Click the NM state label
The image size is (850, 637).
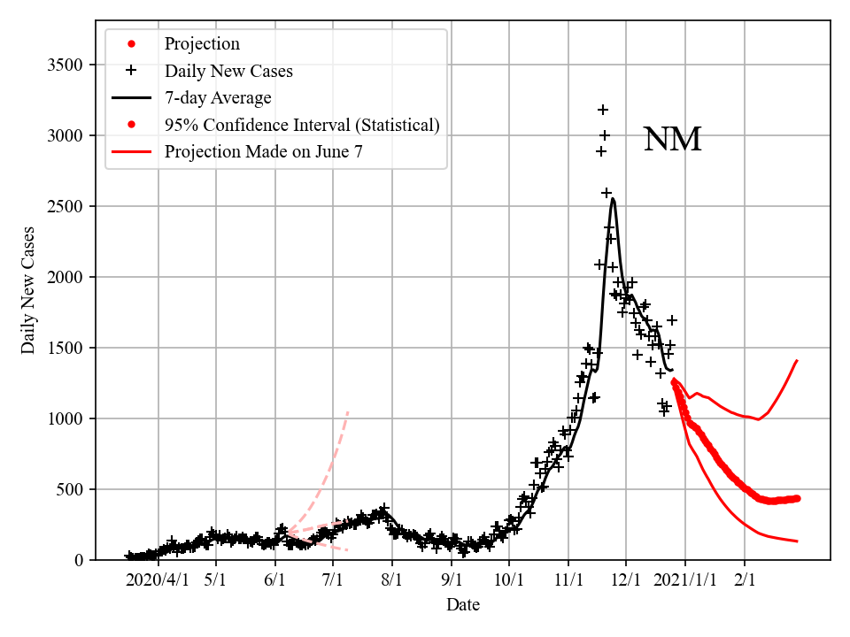click(x=672, y=140)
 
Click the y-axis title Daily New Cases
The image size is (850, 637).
click(x=28, y=289)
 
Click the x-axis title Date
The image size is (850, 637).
click(x=462, y=605)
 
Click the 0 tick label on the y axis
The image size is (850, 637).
click(x=78, y=560)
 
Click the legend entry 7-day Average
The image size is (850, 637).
click(x=218, y=97)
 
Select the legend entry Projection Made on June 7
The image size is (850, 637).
click(x=263, y=152)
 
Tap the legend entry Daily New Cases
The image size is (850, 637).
click(x=228, y=70)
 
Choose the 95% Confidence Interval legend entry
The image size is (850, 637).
click(x=301, y=125)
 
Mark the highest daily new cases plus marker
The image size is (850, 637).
click(x=603, y=110)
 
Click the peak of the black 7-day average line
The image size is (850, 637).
click(x=613, y=199)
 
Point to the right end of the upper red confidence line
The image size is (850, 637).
click(x=798, y=360)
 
